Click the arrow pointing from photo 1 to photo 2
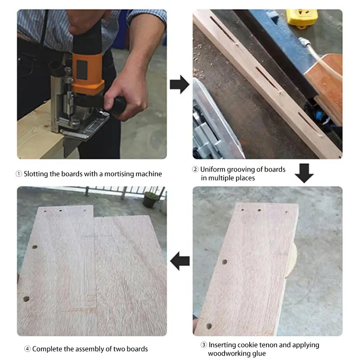pos(180,84)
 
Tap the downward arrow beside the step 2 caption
pos(304,173)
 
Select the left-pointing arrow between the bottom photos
pos(180,261)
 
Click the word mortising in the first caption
pos(119,174)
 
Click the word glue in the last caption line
pos(258,354)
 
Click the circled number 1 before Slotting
pos(19,174)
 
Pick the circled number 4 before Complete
pos(27,349)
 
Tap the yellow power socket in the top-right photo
pos(302,18)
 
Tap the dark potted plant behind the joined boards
pos(150,199)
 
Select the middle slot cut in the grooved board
pos(267,78)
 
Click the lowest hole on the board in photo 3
pos(209,326)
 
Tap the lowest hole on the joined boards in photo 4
pos(27,299)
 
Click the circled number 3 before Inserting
pos(204,345)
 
